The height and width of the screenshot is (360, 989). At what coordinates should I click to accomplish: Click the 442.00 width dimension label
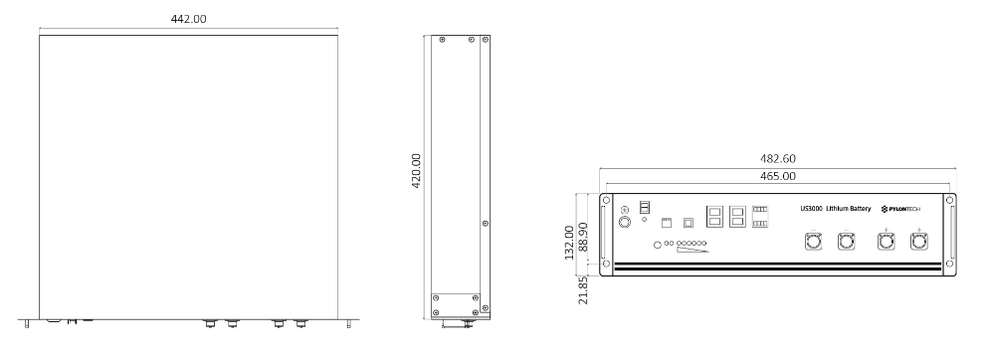tap(189, 19)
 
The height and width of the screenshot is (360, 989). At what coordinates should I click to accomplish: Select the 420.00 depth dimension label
tap(416, 170)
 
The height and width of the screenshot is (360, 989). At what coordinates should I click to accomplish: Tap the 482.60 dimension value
tap(778, 159)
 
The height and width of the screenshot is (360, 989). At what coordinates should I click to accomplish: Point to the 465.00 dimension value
tap(778, 177)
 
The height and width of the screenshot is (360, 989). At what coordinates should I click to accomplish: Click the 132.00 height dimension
tap(569, 242)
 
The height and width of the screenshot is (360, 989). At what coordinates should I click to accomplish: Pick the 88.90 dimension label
tap(583, 237)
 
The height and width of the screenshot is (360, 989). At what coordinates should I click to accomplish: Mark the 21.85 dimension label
tap(583, 290)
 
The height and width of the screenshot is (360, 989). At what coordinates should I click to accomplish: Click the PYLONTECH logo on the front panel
tap(900, 209)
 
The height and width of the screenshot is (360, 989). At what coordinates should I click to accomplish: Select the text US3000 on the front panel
tap(811, 209)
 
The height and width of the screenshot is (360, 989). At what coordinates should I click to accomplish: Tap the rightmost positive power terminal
tap(918, 241)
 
